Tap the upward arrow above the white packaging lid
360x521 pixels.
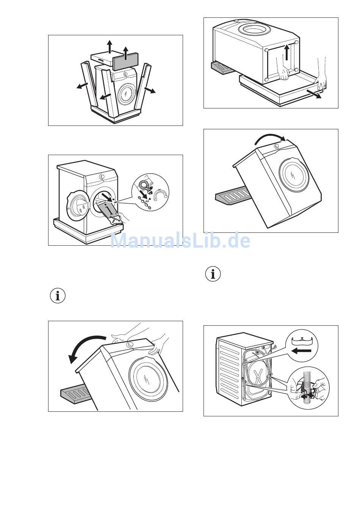click(x=110, y=46)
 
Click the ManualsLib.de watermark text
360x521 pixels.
click(x=180, y=240)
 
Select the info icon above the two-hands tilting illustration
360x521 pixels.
click(x=58, y=296)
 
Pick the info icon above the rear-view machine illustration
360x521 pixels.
click(x=213, y=274)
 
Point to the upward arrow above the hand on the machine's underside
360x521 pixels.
click(x=287, y=52)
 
